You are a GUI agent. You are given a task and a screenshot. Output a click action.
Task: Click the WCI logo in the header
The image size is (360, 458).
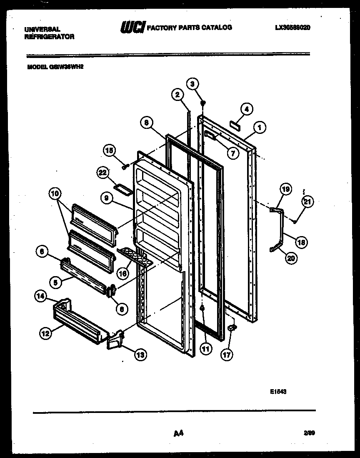[132, 28]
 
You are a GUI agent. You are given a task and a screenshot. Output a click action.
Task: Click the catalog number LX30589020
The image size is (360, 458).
[292, 28]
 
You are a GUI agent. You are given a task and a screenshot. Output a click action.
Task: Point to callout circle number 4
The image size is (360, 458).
[246, 109]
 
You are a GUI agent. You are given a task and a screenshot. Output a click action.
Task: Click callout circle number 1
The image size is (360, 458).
[260, 128]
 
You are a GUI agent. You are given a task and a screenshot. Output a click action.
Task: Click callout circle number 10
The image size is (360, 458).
[55, 194]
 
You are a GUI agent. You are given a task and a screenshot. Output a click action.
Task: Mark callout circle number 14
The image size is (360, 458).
[40, 297]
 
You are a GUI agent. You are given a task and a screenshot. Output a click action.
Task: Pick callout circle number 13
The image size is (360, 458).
[140, 355]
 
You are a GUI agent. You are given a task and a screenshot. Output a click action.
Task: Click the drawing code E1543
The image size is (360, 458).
[277, 392]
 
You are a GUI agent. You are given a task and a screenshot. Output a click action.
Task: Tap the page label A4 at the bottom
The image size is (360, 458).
[179, 434]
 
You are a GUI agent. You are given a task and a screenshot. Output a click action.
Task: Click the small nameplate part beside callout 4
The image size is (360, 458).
[235, 124]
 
